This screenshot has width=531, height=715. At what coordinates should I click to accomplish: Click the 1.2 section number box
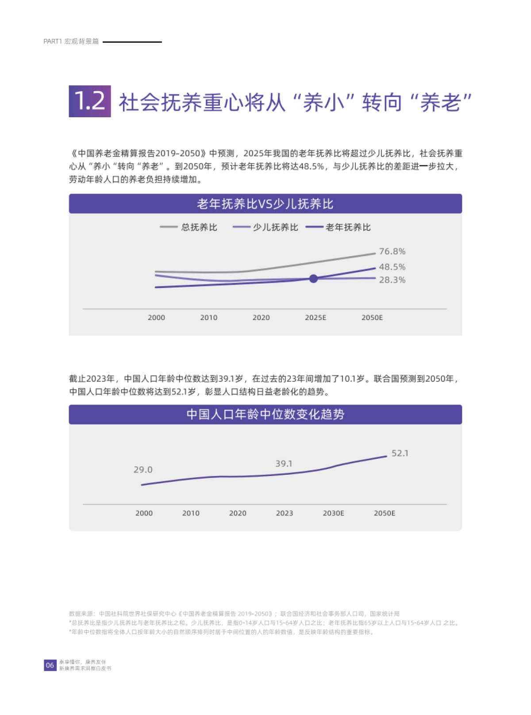click(90, 101)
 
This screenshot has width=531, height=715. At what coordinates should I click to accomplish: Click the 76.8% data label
click(392, 251)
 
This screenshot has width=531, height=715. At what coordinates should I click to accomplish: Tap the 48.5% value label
click(392, 267)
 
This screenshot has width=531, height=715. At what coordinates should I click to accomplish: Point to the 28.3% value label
click(392, 280)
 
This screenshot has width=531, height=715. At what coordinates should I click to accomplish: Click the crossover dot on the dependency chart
click(313, 279)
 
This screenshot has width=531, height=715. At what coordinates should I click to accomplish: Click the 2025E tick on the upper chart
click(316, 318)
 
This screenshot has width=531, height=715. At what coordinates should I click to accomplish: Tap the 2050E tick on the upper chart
click(372, 318)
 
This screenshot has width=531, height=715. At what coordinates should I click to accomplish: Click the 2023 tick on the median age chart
click(285, 513)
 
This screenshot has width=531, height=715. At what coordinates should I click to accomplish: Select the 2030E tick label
click(333, 513)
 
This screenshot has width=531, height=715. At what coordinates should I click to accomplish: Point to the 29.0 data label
click(143, 469)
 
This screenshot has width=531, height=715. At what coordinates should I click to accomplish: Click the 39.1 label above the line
click(284, 464)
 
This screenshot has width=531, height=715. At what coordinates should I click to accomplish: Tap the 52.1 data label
click(400, 453)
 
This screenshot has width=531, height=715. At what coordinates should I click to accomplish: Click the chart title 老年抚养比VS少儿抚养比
click(265, 204)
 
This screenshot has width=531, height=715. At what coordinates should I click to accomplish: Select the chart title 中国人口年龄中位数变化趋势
click(265, 415)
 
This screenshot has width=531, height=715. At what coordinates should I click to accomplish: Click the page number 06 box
click(50, 665)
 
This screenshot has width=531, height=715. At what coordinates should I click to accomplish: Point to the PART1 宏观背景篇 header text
click(71, 42)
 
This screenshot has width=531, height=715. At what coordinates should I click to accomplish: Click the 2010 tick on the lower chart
click(191, 513)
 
